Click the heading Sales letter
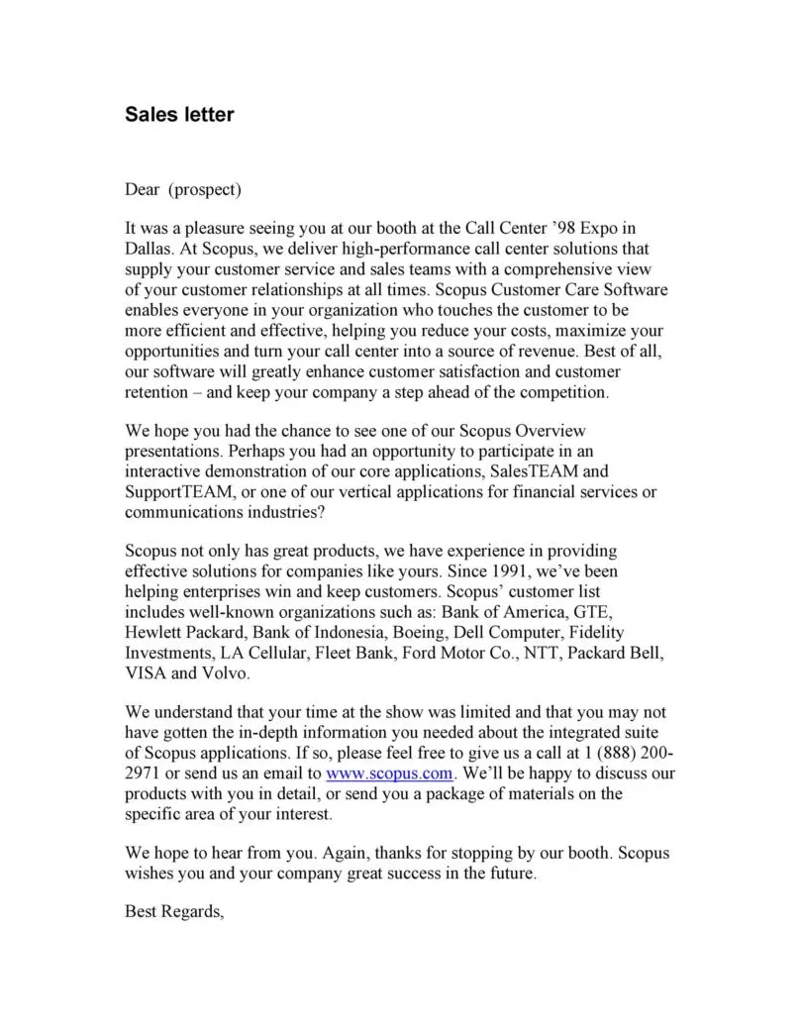(179, 114)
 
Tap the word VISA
(146, 673)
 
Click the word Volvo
(227, 673)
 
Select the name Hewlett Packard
(184, 632)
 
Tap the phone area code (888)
(620, 752)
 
